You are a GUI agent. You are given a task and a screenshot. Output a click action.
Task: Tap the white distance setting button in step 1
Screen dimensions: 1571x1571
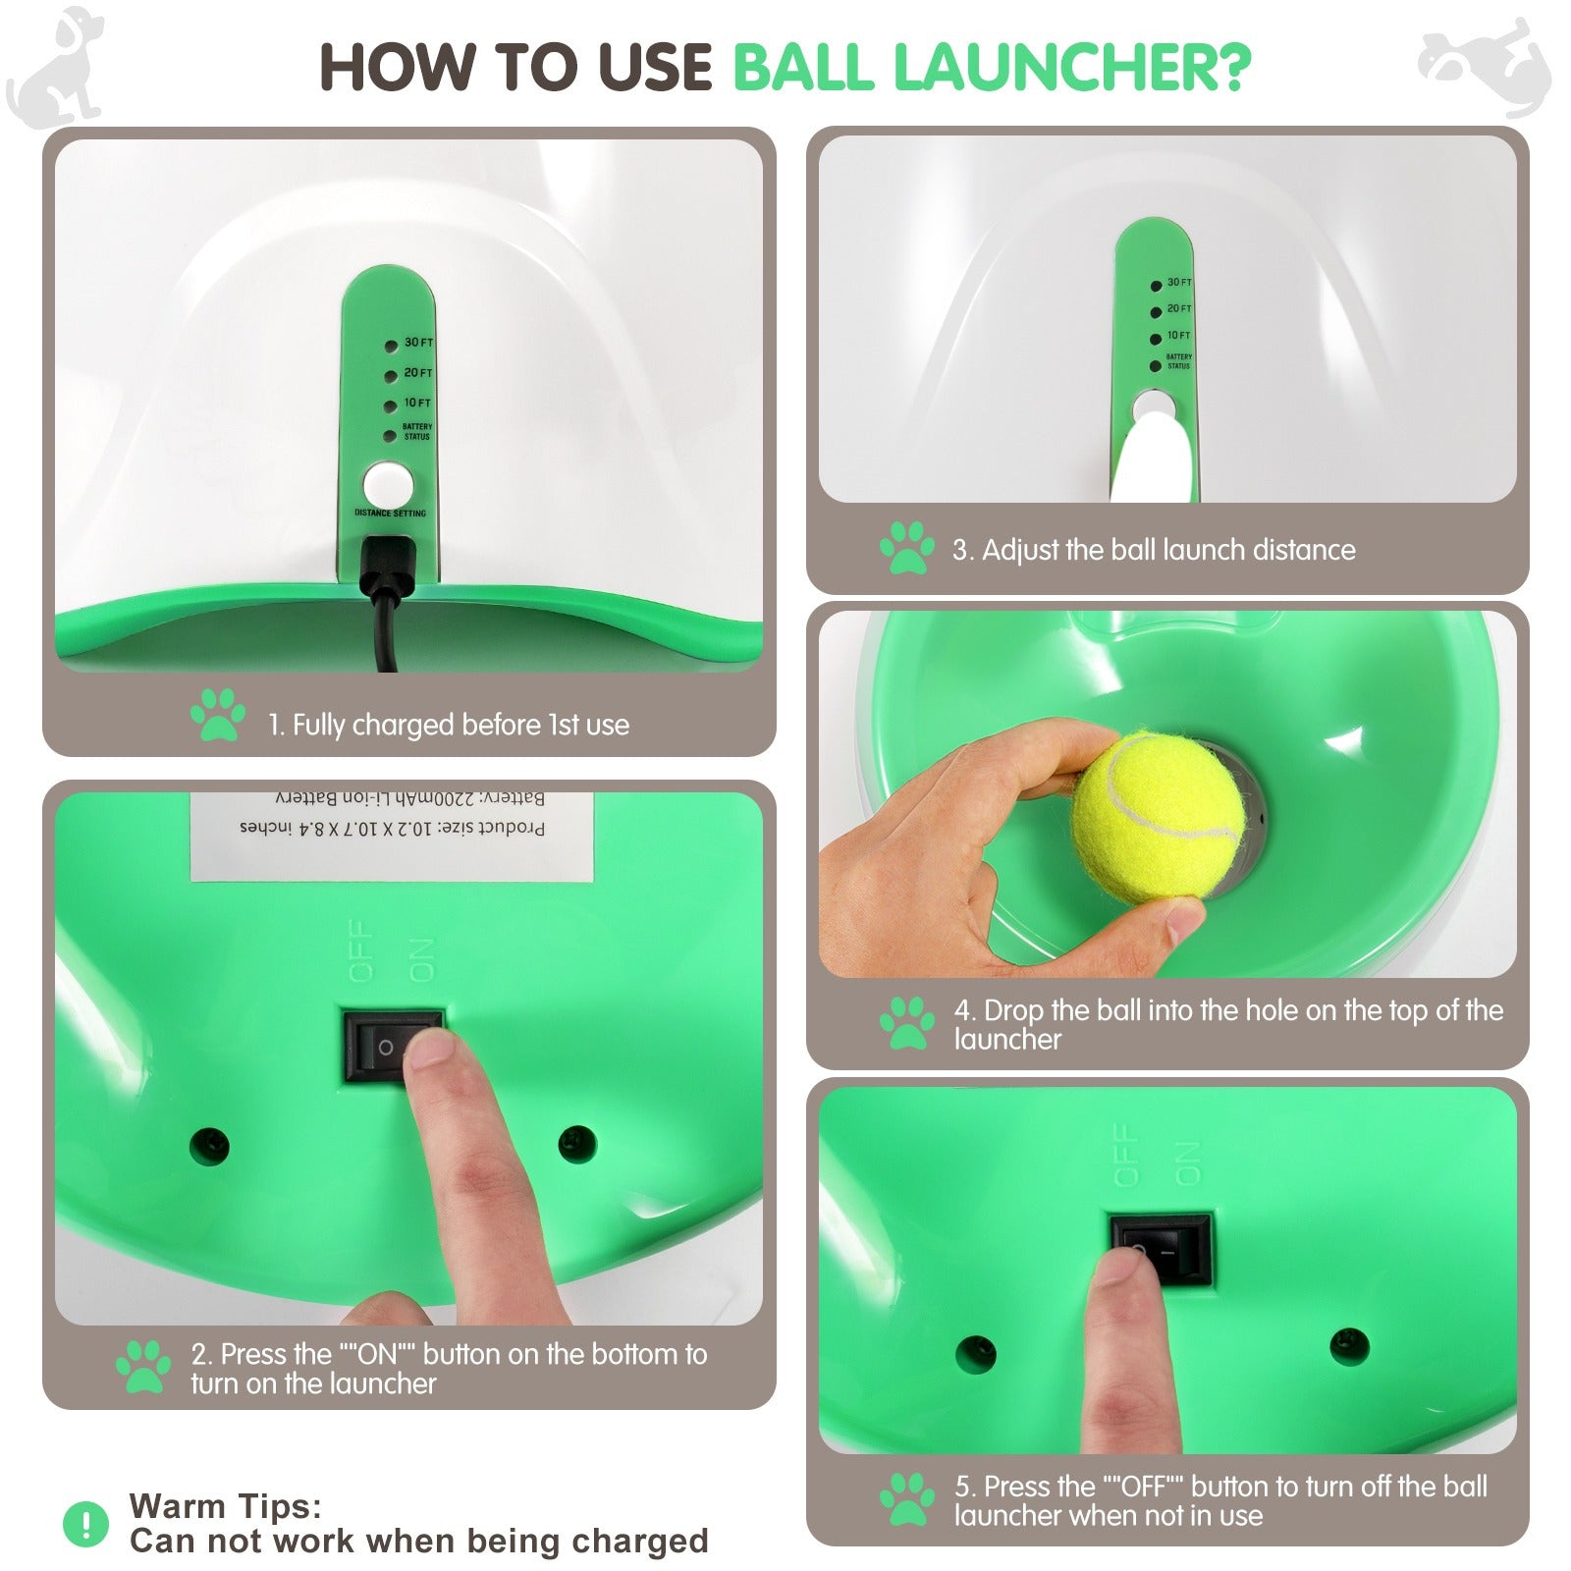tap(387, 485)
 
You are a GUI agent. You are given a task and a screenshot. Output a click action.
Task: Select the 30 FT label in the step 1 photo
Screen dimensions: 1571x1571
tap(418, 343)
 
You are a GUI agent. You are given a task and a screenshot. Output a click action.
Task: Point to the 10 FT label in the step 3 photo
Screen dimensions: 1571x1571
tap(1178, 336)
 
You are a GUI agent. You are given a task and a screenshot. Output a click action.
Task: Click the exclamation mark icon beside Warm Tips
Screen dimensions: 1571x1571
tap(86, 1524)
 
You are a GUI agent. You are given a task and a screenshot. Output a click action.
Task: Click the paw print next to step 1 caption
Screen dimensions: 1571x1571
tap(218, 715)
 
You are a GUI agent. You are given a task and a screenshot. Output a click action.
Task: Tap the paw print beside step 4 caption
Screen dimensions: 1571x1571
tap(906, 1023)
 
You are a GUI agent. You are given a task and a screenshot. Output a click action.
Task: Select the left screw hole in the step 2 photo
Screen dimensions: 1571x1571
tap(209, 1145)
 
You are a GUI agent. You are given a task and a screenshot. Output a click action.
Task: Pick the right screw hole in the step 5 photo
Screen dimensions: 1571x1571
tap(1349, 1346)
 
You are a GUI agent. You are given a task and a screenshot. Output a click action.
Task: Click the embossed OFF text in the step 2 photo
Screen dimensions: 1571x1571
tap(361, 950)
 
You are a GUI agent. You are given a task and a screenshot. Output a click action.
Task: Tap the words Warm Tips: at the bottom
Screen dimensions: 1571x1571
tap(226, 1505)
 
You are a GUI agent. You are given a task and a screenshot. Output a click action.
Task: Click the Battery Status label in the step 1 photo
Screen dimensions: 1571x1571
tap(416, 431)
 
